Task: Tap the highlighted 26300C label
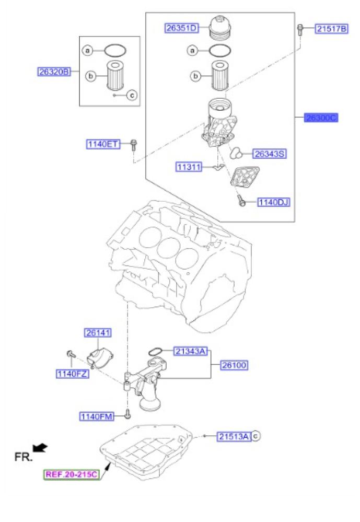point(321,118)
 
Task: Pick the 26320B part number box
point(53,72)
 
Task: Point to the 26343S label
point(270,154)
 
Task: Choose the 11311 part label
point(189,167)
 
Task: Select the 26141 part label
point(98,333)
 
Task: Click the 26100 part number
point(234,365)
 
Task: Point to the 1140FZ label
point(73,373)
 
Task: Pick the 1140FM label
point(96,416)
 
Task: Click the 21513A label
point(234,436)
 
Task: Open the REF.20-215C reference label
point(71,474)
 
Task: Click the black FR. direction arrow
point(40,447)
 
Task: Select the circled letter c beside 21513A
point(256,436)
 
